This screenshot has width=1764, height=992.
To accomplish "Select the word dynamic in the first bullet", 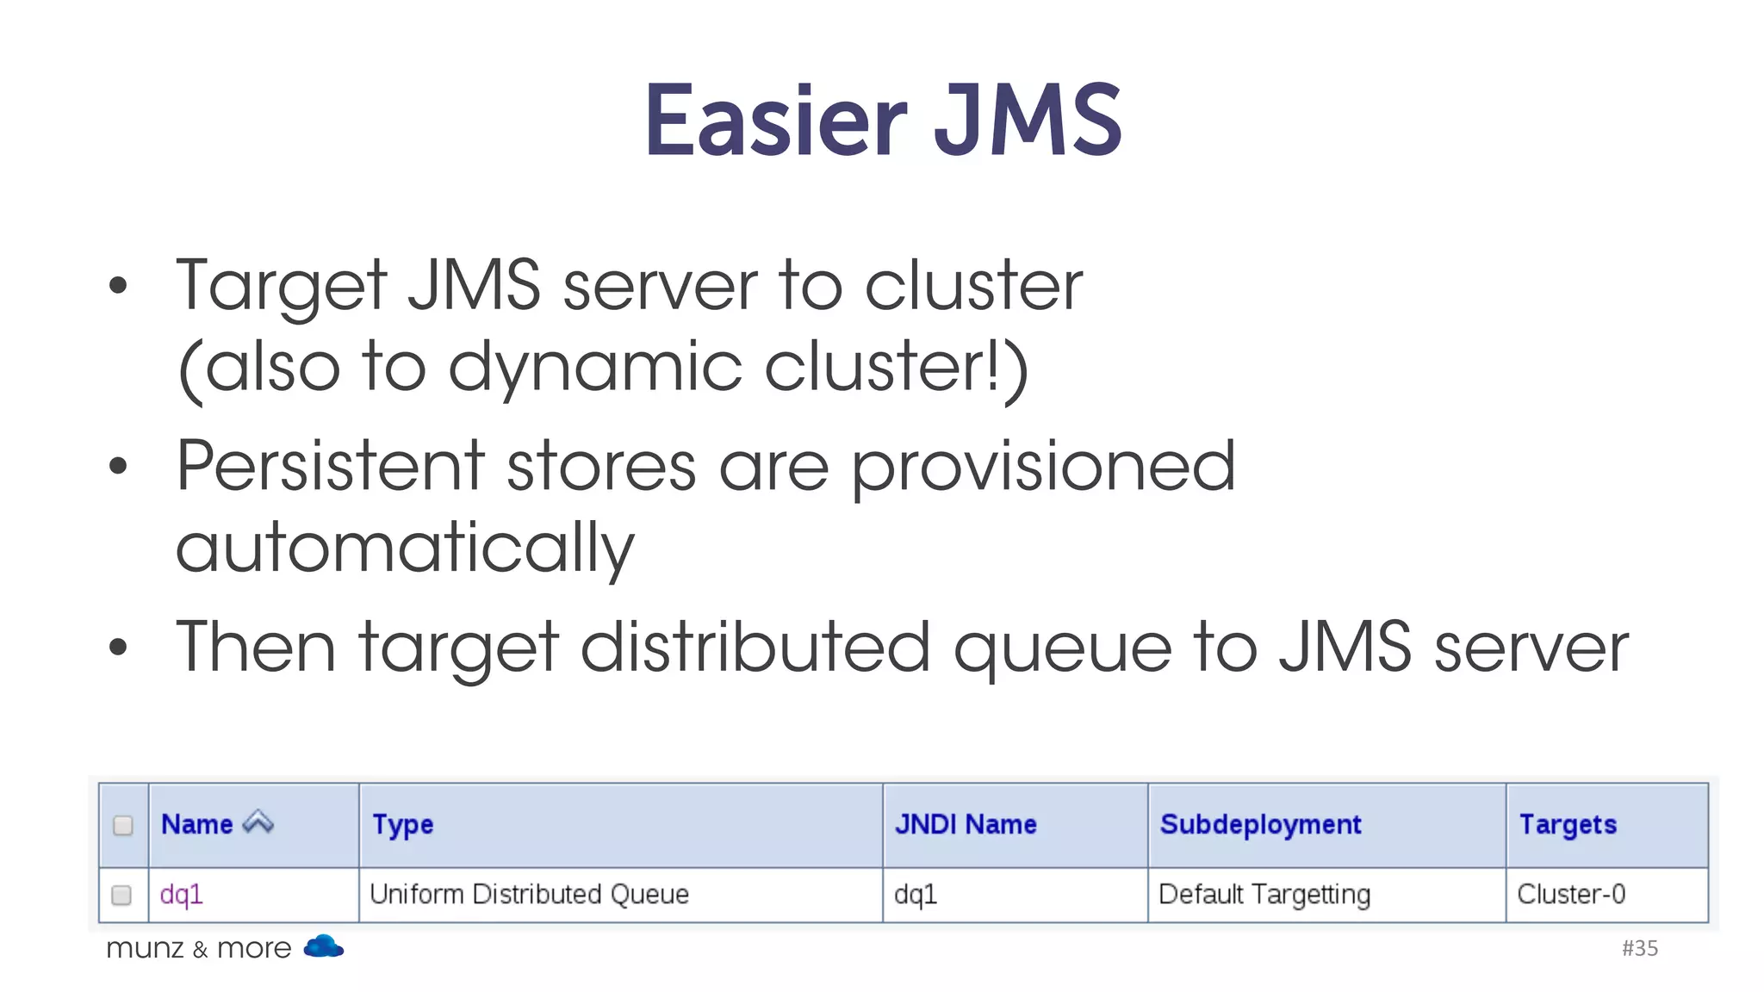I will click(594, 367).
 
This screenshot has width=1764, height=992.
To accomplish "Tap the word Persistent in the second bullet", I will click(330, 466).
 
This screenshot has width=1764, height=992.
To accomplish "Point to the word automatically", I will click(405, 549).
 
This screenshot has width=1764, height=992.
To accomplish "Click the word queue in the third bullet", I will click(1062, 648).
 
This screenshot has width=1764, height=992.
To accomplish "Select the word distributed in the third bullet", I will click(755, 647).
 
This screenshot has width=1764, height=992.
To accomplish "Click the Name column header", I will click(196, 824).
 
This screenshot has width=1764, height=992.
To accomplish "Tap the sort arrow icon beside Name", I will click(258, 822).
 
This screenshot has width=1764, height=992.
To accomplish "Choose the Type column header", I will click(402, 824).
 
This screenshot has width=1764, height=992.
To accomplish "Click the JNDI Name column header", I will click(966, 824).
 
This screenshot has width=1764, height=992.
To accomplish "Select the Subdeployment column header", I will click(1260, 824).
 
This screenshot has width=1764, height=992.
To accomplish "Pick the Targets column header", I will click(1568, 824).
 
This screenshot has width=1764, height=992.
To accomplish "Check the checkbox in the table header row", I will click(123, 825).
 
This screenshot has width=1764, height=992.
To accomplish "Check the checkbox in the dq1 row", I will click(122, 895).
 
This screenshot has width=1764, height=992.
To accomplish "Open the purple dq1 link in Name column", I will click(181, 895).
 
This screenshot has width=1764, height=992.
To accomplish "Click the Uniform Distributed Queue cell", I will click(529, 895).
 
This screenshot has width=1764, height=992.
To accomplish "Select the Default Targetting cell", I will click(1264, 895).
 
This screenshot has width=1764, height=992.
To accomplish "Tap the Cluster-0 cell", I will click(1571, 895).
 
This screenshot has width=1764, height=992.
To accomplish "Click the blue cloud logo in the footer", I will click(323, 946).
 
